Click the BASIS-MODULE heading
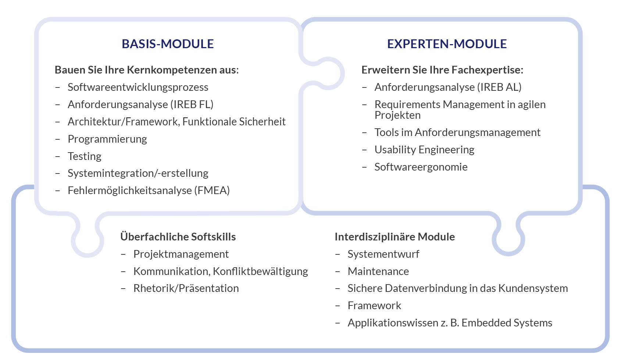168,44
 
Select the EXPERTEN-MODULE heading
447,44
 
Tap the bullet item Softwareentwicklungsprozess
138,87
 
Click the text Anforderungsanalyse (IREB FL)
140,104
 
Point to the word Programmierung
107,139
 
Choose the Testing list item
85,156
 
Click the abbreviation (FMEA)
212,190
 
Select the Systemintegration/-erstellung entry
138,173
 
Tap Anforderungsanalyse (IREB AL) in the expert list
448,87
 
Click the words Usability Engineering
424,150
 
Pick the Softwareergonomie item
421,167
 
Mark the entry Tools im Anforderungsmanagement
457,133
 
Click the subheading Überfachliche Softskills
178,236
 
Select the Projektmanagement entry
181,254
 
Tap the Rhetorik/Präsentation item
186,288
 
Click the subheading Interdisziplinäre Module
395,237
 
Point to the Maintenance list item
378,271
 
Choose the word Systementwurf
383,254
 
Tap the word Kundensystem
533,288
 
